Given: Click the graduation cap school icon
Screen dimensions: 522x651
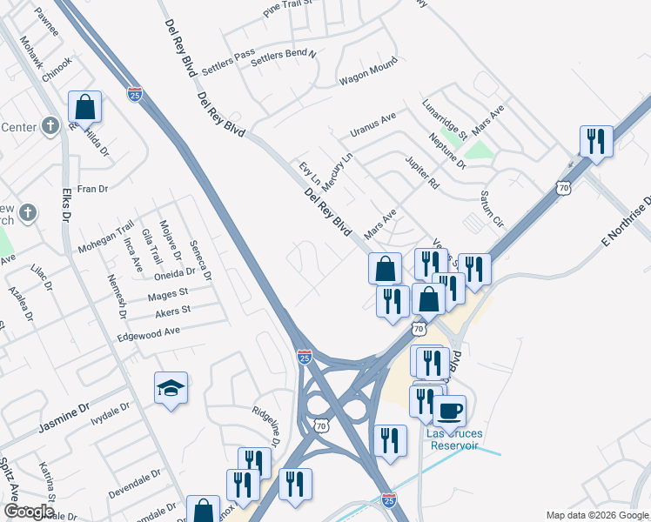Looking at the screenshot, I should (x=171, y=389).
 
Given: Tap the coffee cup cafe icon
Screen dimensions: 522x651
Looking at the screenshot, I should (x=449, y=411).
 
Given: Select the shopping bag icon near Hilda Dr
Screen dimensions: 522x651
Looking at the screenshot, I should (x=84, y=108).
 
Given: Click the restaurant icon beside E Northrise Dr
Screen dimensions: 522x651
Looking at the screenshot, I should (x=596, y=141).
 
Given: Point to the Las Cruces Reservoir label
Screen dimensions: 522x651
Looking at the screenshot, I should (x=453, y=439).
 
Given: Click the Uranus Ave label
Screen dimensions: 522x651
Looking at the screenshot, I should (x=372, y=124).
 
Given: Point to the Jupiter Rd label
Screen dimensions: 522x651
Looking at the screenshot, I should (x=422, y=172).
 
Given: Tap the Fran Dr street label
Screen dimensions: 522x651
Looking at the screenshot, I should (x=92, y=188).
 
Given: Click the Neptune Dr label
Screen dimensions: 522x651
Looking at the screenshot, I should (x=447, y=150).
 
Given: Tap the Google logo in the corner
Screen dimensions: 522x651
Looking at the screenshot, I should (x=29, y=512).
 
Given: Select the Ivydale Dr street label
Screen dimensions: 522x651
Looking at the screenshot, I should (x=112, y=409).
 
